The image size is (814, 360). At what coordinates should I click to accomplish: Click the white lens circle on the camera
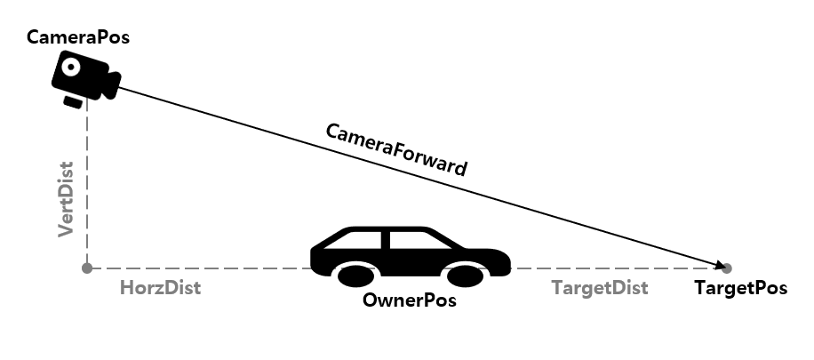coord(70,68)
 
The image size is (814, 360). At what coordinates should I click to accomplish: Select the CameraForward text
coord(396,148)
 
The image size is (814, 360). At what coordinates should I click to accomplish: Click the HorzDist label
coord(160,288)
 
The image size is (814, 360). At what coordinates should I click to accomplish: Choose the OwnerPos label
coord(409,300)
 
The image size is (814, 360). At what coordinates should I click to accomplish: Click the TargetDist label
coord(599,288)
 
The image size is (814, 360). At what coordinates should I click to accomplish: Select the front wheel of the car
coord(466,275)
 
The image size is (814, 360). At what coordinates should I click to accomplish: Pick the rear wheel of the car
coord(355,275)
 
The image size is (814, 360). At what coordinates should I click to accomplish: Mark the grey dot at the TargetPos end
coord(727,268)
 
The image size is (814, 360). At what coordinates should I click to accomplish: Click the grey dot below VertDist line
coord(86,268)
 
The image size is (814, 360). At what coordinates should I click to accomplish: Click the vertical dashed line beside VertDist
coord(86,187)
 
